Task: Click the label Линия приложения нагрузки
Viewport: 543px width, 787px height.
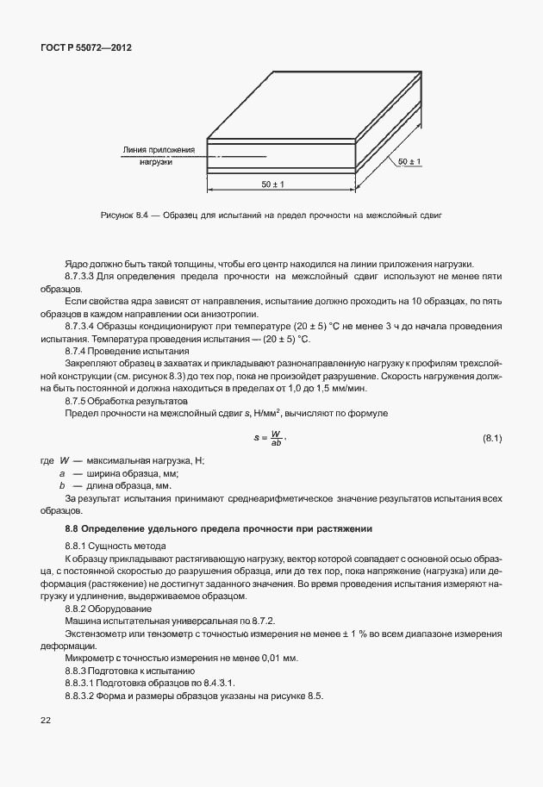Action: (159, 155)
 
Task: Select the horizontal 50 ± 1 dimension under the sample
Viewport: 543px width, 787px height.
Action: (272, 184)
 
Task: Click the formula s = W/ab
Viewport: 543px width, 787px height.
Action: (269, 439)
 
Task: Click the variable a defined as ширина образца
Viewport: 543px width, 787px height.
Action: (62, 473)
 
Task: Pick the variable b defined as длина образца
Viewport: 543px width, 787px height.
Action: (62, 485)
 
